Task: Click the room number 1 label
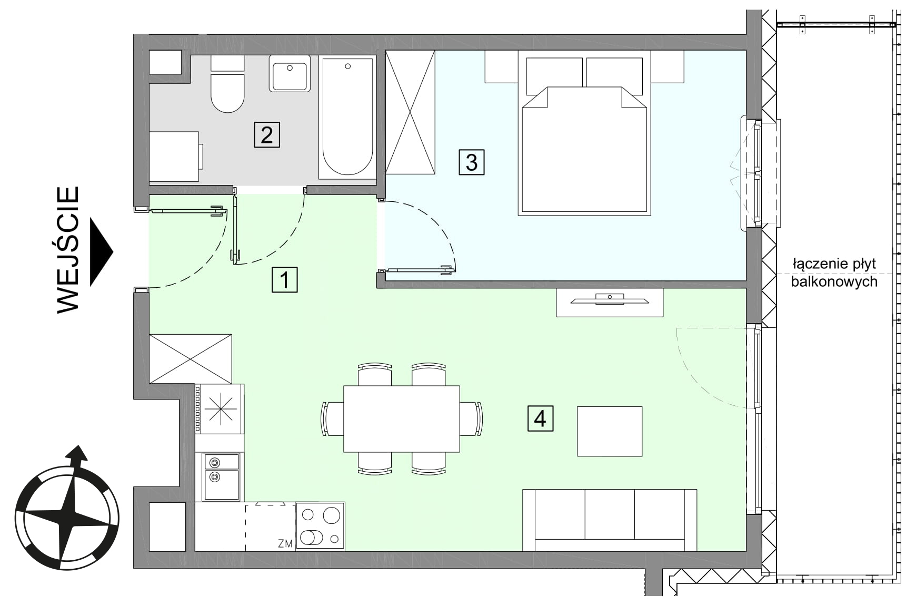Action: (x=284, y=280)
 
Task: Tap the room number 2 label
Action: (x=266, y=134)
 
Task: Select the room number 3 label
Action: (x=471, y=162)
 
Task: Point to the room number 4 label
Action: (x=540, y=419)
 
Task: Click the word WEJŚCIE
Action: (x=68, y=250)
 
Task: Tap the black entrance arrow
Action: (x=102, y=252)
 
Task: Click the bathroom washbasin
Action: (x=290, y=74)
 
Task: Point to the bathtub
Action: (x=347, y=117)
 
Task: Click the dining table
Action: (x=401, y=419)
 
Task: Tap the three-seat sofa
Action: (x=610, y=520)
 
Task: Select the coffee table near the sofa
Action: (x=610, y=431)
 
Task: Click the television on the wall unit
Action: (x=610, y=300)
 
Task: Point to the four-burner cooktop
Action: (x=320, y=527)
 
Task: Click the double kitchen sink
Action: (x=221, y=476)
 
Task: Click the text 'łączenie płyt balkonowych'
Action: (x=834, y=272)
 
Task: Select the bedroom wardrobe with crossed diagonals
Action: (x=411, y=112)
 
